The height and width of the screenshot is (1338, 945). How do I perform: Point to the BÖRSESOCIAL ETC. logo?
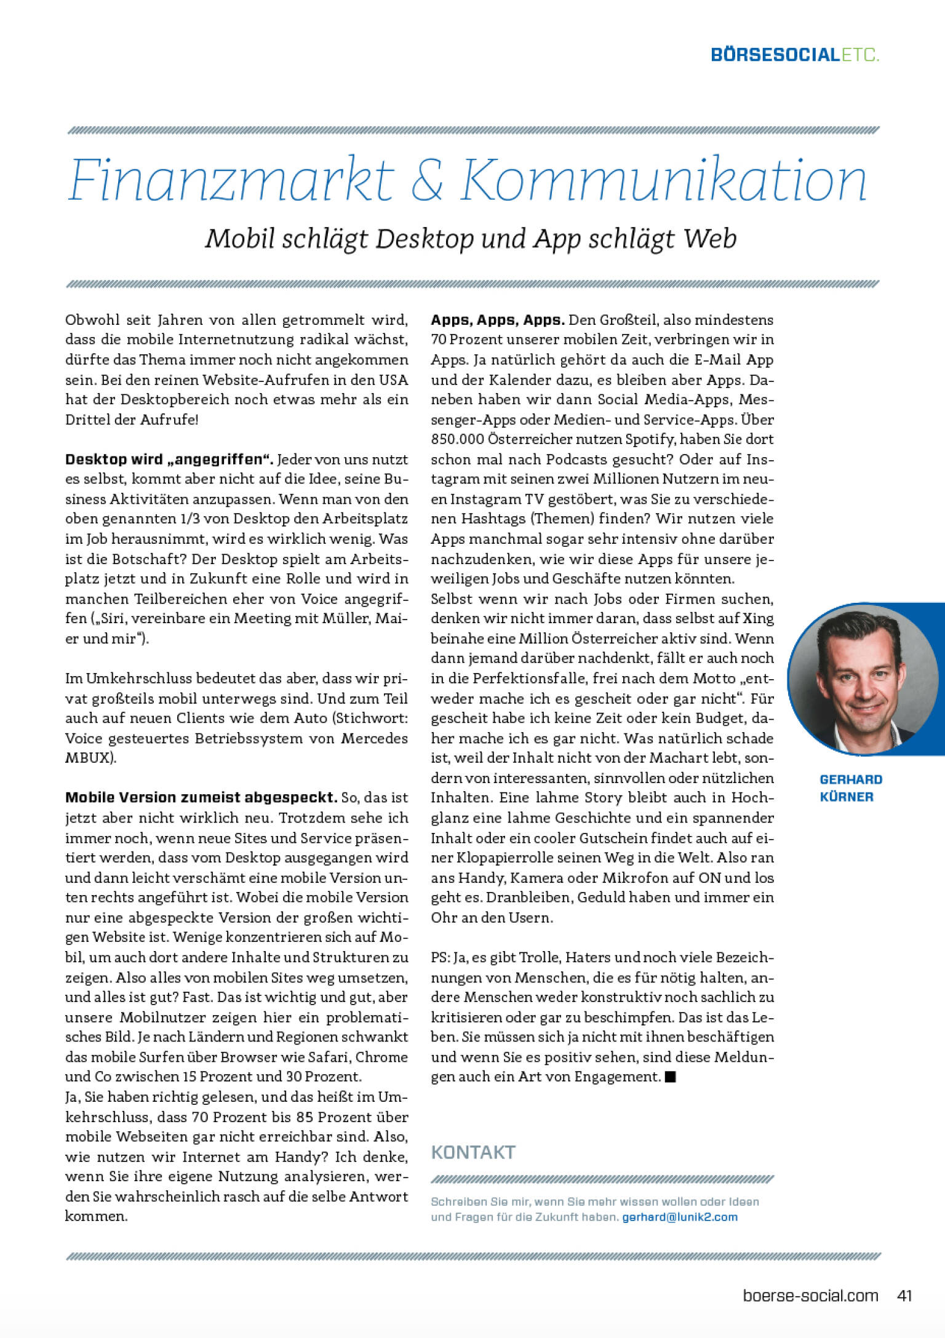(795, 55)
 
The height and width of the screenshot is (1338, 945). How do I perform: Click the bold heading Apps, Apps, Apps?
(497, 320)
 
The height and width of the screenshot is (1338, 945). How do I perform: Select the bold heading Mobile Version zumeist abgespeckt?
(201, 798)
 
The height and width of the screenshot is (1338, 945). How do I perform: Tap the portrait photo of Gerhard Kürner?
(863, 679)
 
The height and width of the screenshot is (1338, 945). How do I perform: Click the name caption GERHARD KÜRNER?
(851, 788)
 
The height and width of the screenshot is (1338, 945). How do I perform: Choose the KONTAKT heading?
(472, 1152)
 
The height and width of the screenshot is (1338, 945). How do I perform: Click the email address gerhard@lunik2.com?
(680, 1217)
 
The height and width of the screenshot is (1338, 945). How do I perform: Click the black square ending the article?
(671, 1077)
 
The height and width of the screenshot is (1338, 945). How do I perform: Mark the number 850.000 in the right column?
(457, 439)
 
